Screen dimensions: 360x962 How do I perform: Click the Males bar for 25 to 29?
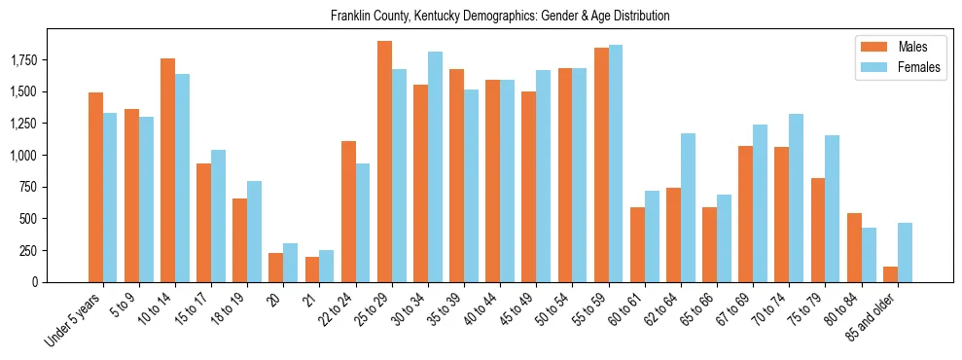coord(384,162)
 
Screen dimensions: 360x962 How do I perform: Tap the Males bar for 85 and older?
coord(890,274)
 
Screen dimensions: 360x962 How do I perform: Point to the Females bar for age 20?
coord(290,263)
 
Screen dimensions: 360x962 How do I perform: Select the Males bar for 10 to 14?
coord(167,170)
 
